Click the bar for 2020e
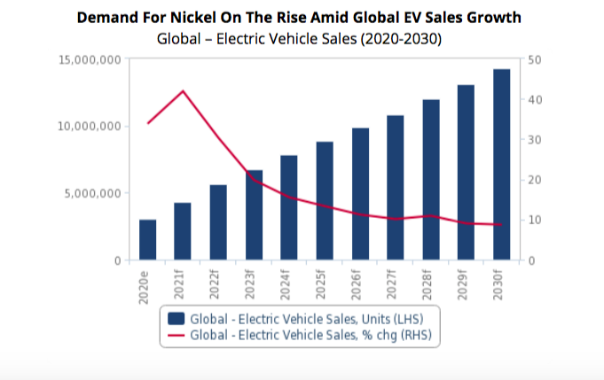pyautogui.click(x=147, y=239)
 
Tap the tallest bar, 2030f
pyautogui.click(x=502, y=164)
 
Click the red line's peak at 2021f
pyautogui.click(x=183, y=91)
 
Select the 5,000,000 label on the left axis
pyautogui.click(x=93, y=193)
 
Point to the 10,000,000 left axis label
pyautogui.click(x=90, y=127)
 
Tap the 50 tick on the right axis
pyautogui.click(x=537, y=59)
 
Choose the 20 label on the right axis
pyautogui.click(x=537, y=180)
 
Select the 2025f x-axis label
pyautogui.click(x=326, y=284)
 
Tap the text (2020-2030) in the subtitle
pyautogui.click(x=401, y=39)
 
